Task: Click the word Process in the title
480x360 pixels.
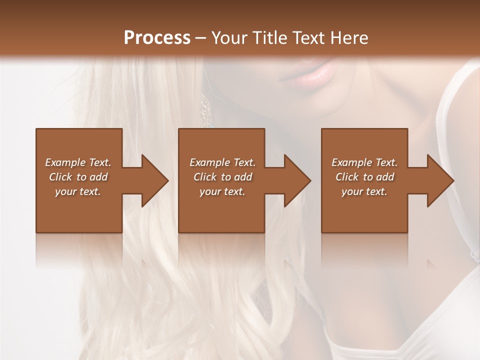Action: click(x=157, y=38)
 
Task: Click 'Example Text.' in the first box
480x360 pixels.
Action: click(x=78, y=162)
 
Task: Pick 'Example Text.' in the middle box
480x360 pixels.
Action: click(x=222, y=162)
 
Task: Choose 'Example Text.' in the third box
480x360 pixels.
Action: click(x=364, y=162)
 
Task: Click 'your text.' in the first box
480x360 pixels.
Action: click(x=78, y=191)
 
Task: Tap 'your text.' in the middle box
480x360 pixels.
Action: click(x=222, y=191)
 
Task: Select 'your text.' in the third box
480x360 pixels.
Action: click(x=364, y=191)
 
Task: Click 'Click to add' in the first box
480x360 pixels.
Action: click(x=78, y=177)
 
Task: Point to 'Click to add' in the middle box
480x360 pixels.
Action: click(x=222, y=177)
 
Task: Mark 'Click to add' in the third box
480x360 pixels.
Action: click(x=364, y=177)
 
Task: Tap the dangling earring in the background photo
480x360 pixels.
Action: click(x=205, y=107)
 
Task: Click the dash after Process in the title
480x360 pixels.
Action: click(x=201, y=38)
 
